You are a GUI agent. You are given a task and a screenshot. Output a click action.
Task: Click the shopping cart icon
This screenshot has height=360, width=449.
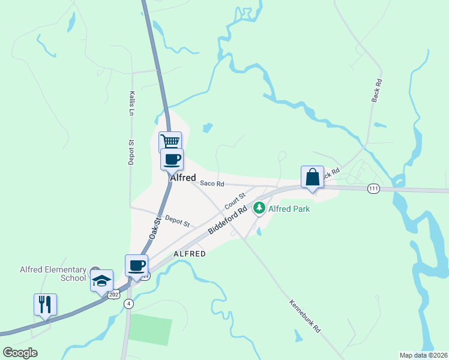(170, 142)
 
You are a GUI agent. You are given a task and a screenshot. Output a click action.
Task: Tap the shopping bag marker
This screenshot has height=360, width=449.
(312, 177)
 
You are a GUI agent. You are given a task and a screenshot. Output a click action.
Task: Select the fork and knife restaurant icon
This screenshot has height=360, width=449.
(46, 304)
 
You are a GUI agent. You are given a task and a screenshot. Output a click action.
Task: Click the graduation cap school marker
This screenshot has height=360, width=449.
(101, 280)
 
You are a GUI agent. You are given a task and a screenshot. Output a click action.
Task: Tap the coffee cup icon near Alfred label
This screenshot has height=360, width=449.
(172, 159)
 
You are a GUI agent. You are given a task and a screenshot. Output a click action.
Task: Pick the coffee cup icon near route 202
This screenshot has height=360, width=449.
(136, 265)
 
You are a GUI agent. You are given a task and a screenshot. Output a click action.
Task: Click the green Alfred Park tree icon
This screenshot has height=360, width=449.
(259, 208)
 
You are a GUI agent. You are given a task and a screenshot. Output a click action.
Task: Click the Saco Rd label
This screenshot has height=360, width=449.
(212, 184)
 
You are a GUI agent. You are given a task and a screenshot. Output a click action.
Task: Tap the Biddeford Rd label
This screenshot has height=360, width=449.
(228, 221)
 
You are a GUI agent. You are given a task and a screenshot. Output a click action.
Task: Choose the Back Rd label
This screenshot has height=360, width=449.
(376, 91)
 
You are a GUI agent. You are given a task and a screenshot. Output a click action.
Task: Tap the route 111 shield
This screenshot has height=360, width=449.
(373, 188)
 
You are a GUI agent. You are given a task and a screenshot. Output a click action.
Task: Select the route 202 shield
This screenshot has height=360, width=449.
(115, 295)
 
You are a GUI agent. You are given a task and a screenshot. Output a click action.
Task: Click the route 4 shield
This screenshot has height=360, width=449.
(128, 304)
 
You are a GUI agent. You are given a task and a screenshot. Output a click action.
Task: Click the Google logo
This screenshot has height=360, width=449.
(20, 353)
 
